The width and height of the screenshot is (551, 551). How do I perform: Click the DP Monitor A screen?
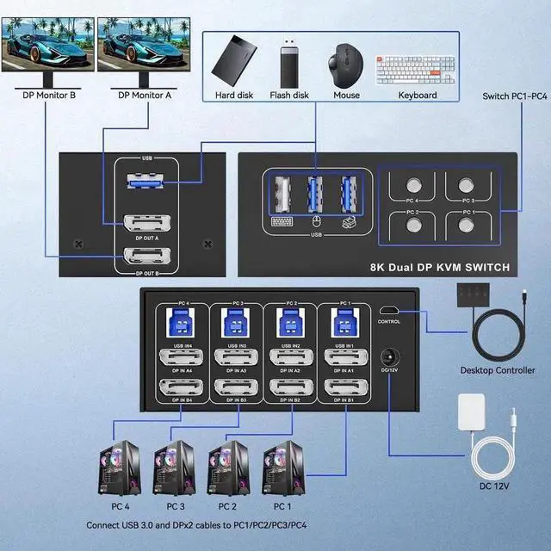(132, 41)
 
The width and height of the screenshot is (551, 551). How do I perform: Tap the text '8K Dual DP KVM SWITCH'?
(440, 269)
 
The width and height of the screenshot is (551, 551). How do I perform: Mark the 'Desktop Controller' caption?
(498, 371)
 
